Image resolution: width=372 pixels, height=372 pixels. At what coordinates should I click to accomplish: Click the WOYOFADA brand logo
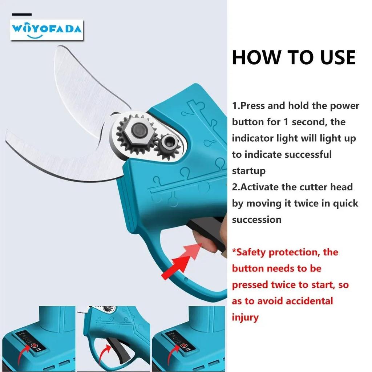click(x=46, y=29)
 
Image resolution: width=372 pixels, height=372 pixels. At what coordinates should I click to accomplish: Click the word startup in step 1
click(x=249, y=171)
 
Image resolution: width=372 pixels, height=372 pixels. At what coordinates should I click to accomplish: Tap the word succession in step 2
click(x=256, y=219)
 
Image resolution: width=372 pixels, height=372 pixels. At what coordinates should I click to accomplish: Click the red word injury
click(x=245, y=317)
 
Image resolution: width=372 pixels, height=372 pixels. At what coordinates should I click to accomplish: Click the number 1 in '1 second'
click(x=286, y=122)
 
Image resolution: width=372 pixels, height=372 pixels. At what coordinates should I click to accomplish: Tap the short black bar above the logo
click(x=22, y=14)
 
